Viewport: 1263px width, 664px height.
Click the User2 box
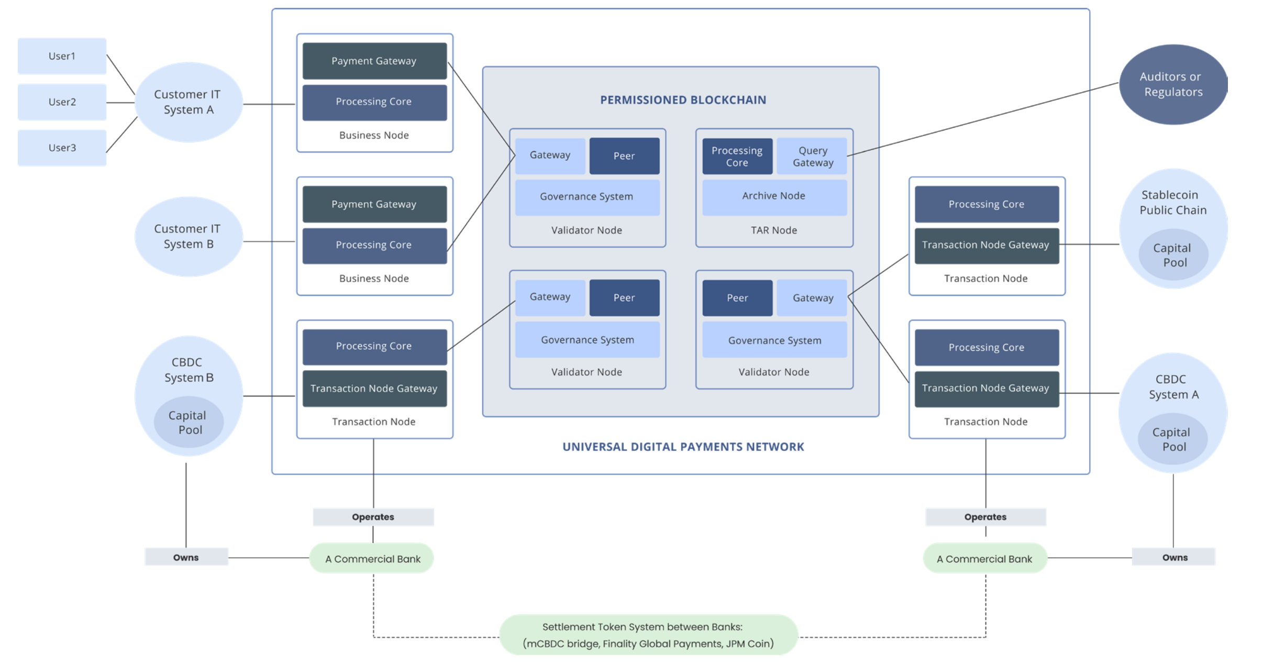tap(62, 102)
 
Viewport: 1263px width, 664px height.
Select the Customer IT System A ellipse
tap(189, 102)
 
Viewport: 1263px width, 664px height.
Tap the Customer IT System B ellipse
tap(189, 237)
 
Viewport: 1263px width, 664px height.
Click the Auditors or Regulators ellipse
tap(1173, 84)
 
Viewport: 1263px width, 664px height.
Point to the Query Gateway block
tap(812, 156)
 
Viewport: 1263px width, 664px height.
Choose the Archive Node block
tap(774, 196)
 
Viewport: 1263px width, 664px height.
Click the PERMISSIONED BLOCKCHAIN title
tap(683, 100)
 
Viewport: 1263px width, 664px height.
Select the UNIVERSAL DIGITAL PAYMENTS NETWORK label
tap(683, 447)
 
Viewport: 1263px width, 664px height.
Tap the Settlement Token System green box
tap(648, 635)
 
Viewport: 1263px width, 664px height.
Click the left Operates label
tap(373, 517)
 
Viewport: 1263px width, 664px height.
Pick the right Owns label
tap(1175, 558)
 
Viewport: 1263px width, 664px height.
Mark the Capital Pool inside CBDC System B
tap(189, 422)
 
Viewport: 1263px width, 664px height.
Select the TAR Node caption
tap(774, 230)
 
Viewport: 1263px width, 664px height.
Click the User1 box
tap(62, 56)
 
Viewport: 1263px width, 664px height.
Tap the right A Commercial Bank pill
tap(984, 559)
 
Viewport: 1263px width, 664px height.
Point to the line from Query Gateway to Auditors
tap(982, 119)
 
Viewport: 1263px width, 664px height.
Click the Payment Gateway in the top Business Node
tap(374, 61)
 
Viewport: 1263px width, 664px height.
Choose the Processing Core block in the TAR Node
tap(737, 156)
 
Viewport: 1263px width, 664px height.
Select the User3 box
tap(62, 148)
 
